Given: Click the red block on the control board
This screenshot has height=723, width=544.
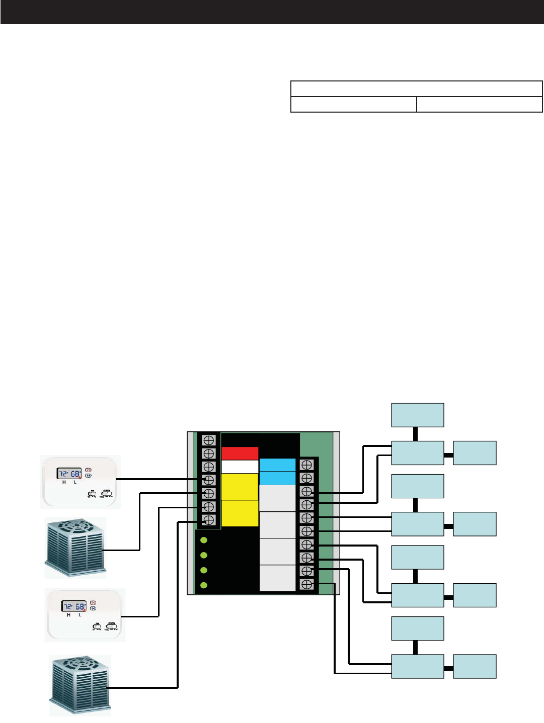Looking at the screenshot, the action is (240, 453).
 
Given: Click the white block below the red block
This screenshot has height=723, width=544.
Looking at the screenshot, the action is (240, 467).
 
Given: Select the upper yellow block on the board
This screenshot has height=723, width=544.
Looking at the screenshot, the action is (240, 486).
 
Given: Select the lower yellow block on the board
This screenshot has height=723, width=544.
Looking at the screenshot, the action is (240, 513).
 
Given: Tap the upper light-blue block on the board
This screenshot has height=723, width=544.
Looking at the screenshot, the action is (277, 465).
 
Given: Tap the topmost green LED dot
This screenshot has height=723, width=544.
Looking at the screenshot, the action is (204, 540).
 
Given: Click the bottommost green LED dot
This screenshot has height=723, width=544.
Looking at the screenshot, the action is (204, 585).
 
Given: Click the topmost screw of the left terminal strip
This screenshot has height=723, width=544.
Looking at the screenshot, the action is (208, 440).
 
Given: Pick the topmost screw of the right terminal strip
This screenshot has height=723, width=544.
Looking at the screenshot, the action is (306, 465).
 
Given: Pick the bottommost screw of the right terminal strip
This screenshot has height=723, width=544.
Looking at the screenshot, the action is (306, 584).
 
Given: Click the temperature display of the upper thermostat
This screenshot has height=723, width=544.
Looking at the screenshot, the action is (69, 474).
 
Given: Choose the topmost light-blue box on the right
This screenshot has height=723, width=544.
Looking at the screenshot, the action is (418, 415).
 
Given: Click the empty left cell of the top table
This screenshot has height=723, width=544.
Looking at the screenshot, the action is (354, 104).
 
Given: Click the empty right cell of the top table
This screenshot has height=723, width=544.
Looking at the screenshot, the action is (479, 104).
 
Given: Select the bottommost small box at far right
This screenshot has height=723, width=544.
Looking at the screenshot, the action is (475, 666).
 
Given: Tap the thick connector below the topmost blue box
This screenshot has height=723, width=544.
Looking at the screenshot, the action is (416, 433).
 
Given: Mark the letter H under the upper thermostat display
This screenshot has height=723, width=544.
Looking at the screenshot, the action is (64, 482).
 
